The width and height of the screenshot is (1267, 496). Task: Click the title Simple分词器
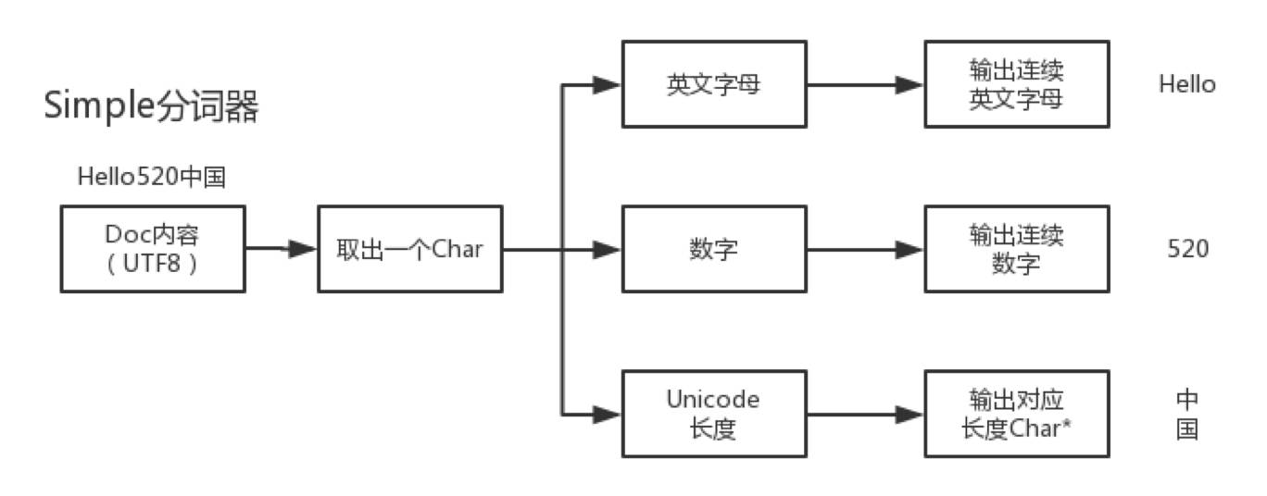click(x=151, y=105)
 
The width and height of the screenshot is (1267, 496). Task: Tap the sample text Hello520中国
click(x=152, y=177)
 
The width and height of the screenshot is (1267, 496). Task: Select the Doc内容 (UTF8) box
click(x=153, y=249)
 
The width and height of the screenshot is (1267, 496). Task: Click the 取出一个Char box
click(x=410, y=249)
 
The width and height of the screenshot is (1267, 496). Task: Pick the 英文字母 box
click(x=714, y=84)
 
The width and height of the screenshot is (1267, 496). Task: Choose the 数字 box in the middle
click(x=714, y=249)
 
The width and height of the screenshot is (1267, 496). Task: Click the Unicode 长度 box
click(x=714, y=414)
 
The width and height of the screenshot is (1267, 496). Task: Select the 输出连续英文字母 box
click(x=1017, y=84)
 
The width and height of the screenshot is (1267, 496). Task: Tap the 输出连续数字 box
click(x=1017, y=249)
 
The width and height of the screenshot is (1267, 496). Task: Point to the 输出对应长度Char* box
click(x=1017, y=414)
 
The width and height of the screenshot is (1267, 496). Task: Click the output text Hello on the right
click(x=1187, y=85)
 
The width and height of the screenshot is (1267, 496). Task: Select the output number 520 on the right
click(x=1187, y=249)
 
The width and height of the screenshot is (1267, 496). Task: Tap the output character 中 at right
click(x=1187, y=400)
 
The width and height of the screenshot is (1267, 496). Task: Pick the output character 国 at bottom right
click(x=1187, y=429)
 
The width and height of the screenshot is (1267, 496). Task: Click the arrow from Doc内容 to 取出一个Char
click(x=282, y=249)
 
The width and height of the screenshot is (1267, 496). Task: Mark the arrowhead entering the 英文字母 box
click(x=607, y=85)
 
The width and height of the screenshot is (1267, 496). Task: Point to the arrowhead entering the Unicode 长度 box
click(x=607, y=415)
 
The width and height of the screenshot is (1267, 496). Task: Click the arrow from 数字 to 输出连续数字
click(x=865, y=249)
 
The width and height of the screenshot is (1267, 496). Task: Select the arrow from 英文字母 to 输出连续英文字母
click(x=865, y=85)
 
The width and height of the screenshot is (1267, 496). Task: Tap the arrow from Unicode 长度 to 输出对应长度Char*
click(x=865, y=415)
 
